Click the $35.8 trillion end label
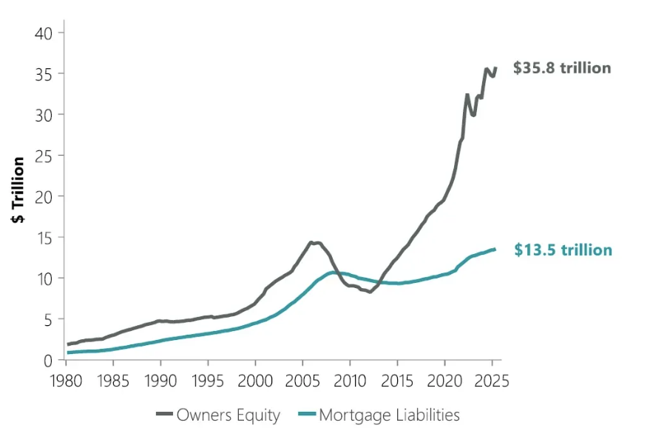(562, 68)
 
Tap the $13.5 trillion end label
(563, 250)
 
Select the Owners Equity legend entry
(218, 415)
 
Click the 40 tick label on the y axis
(44, 33)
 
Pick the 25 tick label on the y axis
(44, 156)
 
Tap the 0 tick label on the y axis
(49, 360)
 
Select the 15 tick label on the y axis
(44, 238)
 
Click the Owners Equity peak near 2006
(313, 242)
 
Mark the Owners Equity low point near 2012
(370, 293)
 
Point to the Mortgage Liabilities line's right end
(495, 249)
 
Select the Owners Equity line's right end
(495, 67)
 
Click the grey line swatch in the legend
(163, 415)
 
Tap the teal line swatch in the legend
(306, 415)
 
